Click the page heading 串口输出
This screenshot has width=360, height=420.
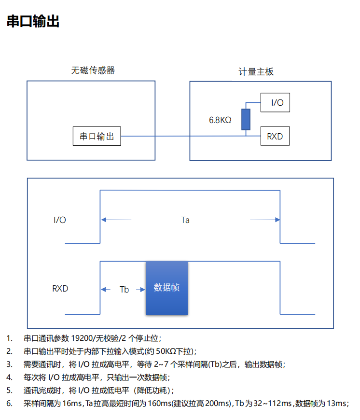pyautogui.click(x=33, y=21)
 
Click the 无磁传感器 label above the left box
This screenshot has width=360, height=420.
pyautogui.click(x=93, y=70)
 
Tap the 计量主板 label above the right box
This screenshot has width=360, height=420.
pyautogui.click(x=256, y=71)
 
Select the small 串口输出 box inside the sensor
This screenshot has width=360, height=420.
pyautogui.click(x=97, y=136)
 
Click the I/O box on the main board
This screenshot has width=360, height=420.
pyautogui.click(x=275, y=102)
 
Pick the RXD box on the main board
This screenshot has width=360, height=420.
pyautogui.click(x=275, y=136)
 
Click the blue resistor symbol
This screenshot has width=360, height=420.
pyautogui.click(x=246, y=119)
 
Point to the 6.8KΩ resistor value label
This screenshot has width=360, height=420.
pyautogui.click(x=220, y=120)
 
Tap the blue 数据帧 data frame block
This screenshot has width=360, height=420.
pyautogui.click(x=166, y=288)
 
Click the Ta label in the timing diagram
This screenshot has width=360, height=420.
pyautogui.click(x=185, y=220)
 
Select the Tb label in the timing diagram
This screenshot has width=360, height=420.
pyautogui.click(x=124, y=290)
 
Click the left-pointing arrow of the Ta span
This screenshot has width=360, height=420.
pyautogui.click(x=116, y=220)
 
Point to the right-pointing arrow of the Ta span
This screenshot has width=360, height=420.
pyautogui.click(x=265, y=220)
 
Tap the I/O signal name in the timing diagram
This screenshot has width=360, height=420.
pyautogui.click(x=60, y=220)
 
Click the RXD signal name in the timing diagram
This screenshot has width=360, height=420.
pyautogui.click(x=60, y=289)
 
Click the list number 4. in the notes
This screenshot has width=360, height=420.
pyautogui.click(x=9, y=377)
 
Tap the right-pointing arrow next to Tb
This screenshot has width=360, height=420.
pyautogui.click(x=140, y=290)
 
